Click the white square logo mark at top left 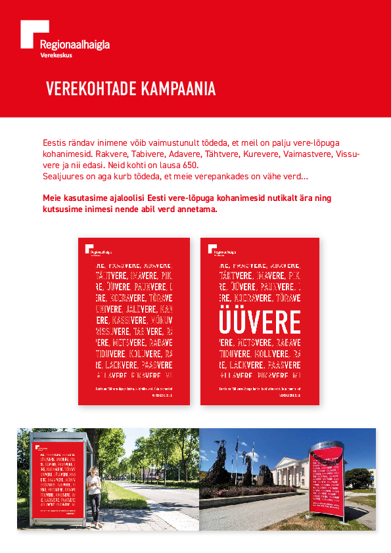click(34, 33)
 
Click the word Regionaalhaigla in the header click(74, 45)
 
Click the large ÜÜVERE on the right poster click(260, 322)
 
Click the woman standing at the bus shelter click(94, 493)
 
